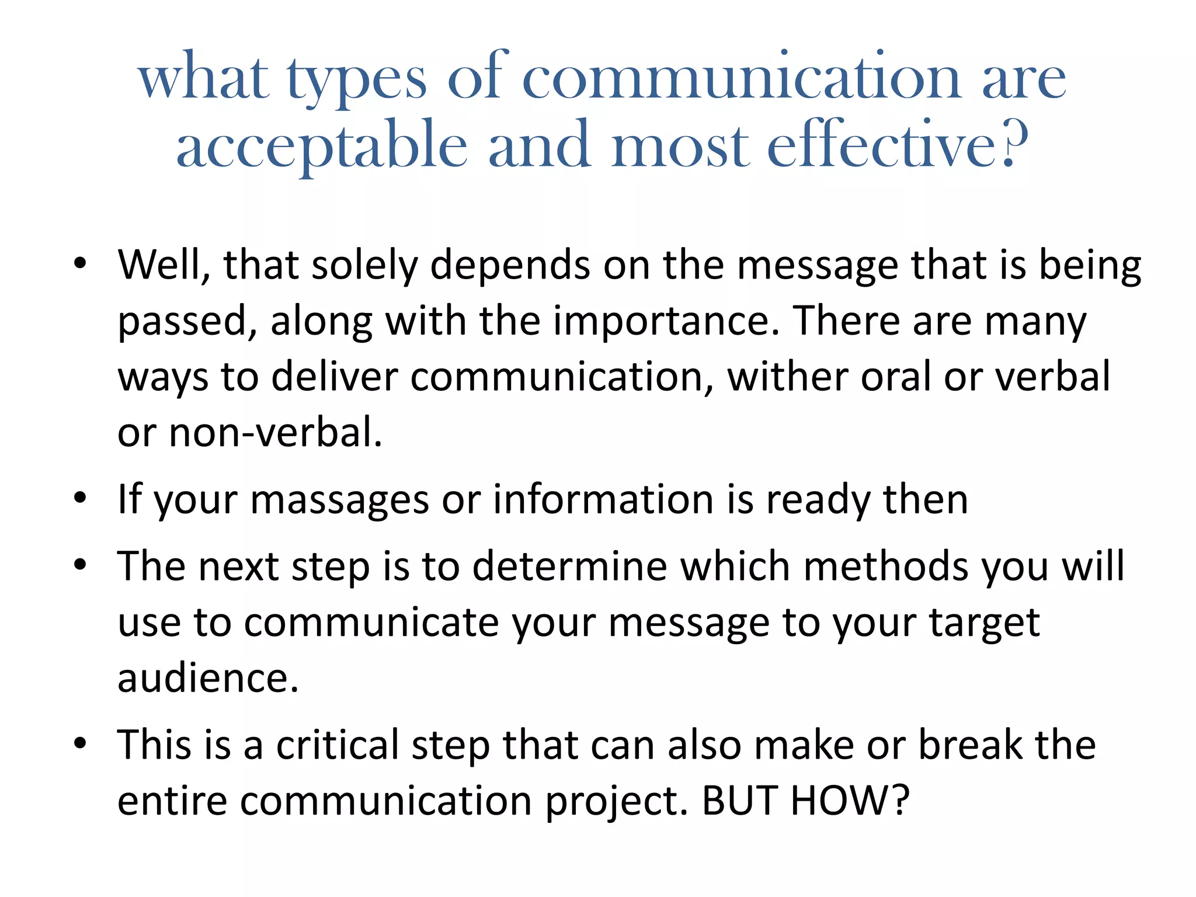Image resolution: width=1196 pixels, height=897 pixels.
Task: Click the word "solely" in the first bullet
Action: pos(365,266)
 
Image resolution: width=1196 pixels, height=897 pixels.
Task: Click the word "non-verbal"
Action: pos(275,433)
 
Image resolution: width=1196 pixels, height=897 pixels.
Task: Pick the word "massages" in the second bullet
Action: pos(339,500)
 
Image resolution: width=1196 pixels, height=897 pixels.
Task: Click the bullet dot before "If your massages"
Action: pos(80,498)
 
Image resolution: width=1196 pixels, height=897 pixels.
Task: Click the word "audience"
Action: pos(208,679)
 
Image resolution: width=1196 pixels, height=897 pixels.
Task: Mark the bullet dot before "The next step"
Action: pos(80,565)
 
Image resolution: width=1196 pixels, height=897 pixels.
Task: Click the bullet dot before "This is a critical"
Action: pos(80,743)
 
